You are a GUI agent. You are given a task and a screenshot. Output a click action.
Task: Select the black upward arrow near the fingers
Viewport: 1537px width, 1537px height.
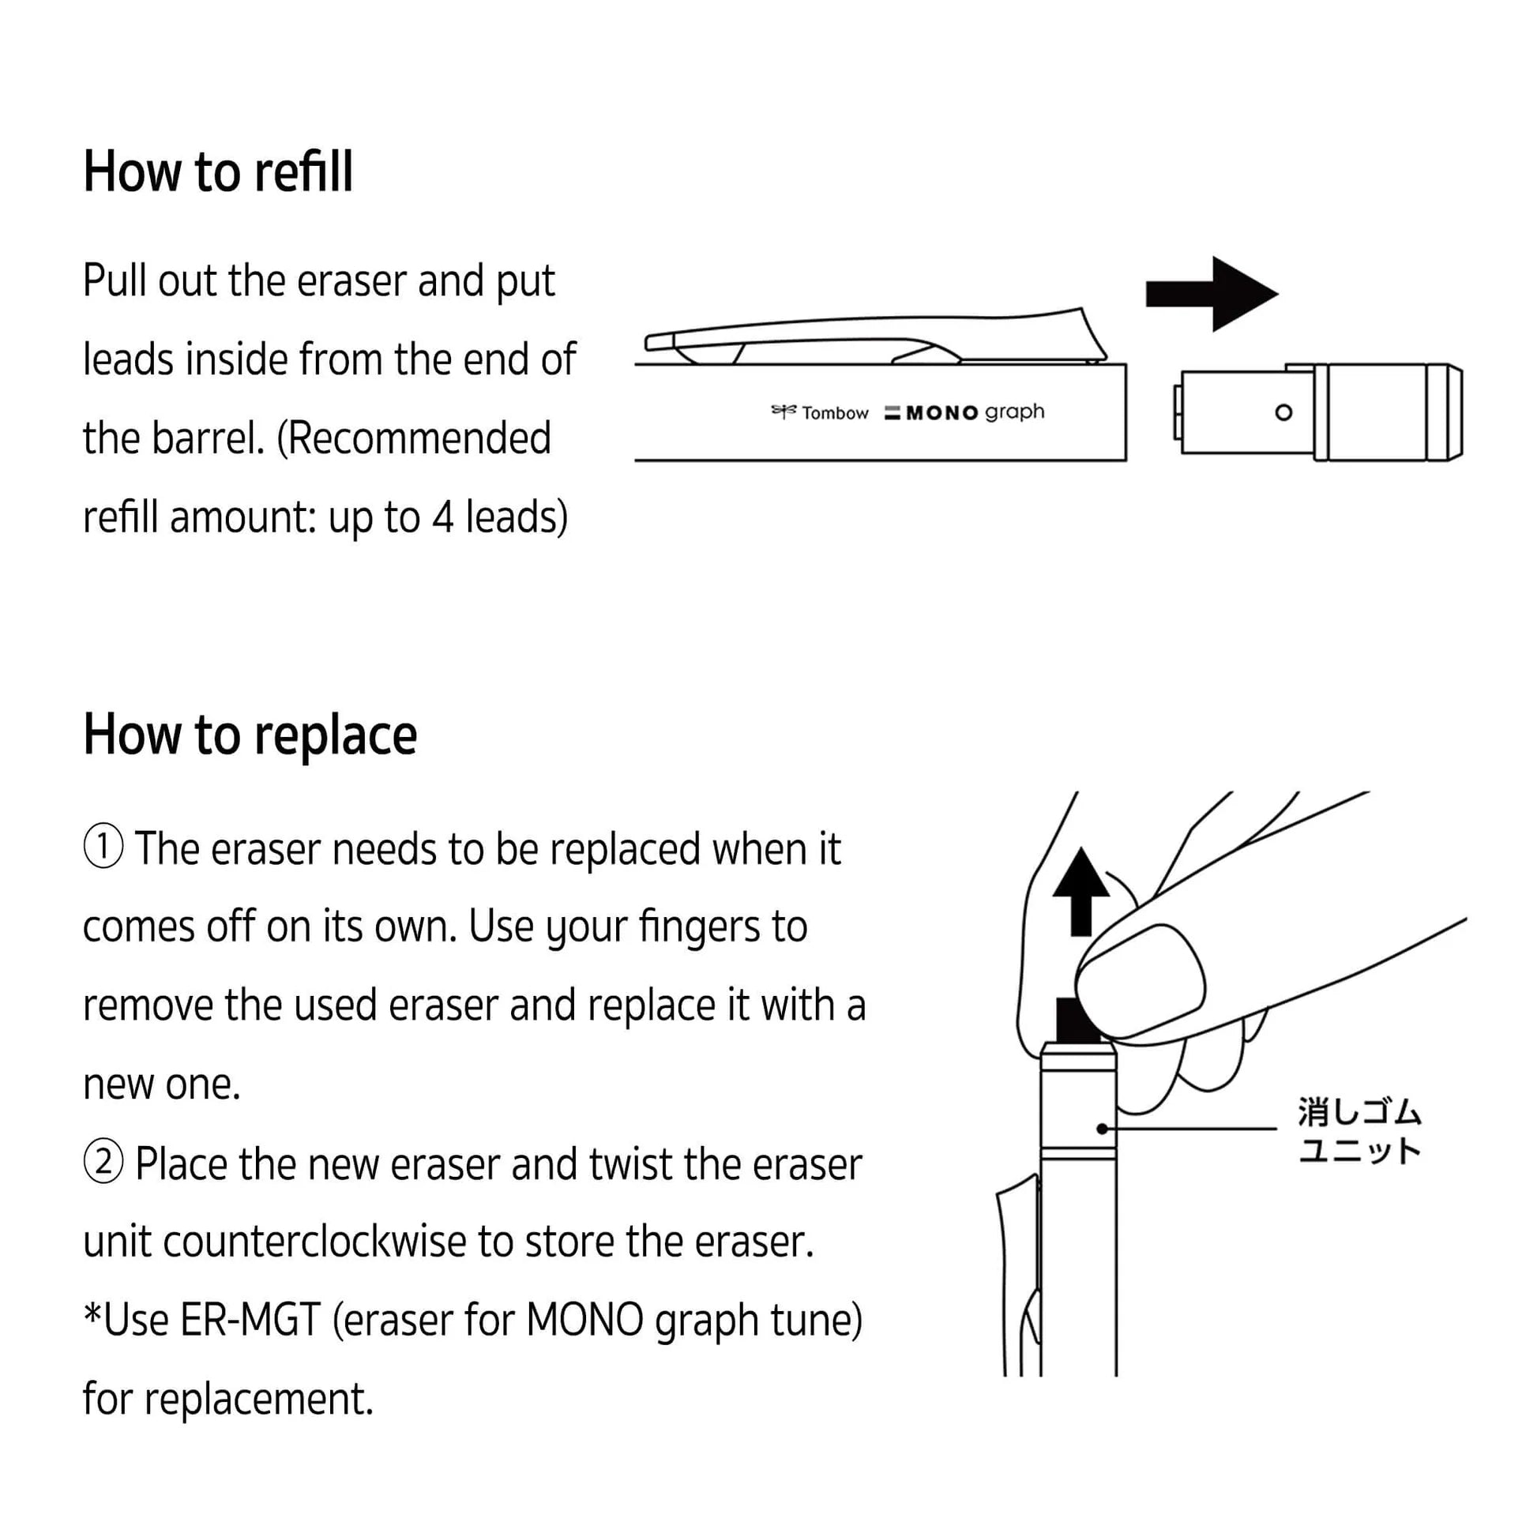(x=1080, y=890)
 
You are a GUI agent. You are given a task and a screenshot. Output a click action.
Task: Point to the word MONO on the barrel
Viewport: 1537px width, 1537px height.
(x=941, y=413)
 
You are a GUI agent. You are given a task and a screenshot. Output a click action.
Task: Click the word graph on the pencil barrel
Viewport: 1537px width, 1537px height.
(x=1014, y=412)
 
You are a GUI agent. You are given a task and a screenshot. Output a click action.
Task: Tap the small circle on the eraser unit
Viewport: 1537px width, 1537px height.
(x=1283, y=412)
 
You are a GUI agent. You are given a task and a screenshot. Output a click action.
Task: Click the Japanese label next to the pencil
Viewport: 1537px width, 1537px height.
(x=1358, y=1130)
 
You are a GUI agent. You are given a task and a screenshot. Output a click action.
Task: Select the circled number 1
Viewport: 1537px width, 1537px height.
(x=103, y=847)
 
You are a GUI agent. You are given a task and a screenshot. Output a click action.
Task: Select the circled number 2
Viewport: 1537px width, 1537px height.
(x=103, y=1163)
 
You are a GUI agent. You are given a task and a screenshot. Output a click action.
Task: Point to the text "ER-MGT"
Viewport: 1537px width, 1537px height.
(x=250, y=1320)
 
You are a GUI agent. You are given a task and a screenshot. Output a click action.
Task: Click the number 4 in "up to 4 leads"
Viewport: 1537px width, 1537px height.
(x=442, y=517)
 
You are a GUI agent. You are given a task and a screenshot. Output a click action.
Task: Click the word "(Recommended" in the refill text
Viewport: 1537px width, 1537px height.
(x=414, y=438)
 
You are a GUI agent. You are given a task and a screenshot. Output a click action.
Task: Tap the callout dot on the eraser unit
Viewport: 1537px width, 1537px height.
(x=1102, y=1128)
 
